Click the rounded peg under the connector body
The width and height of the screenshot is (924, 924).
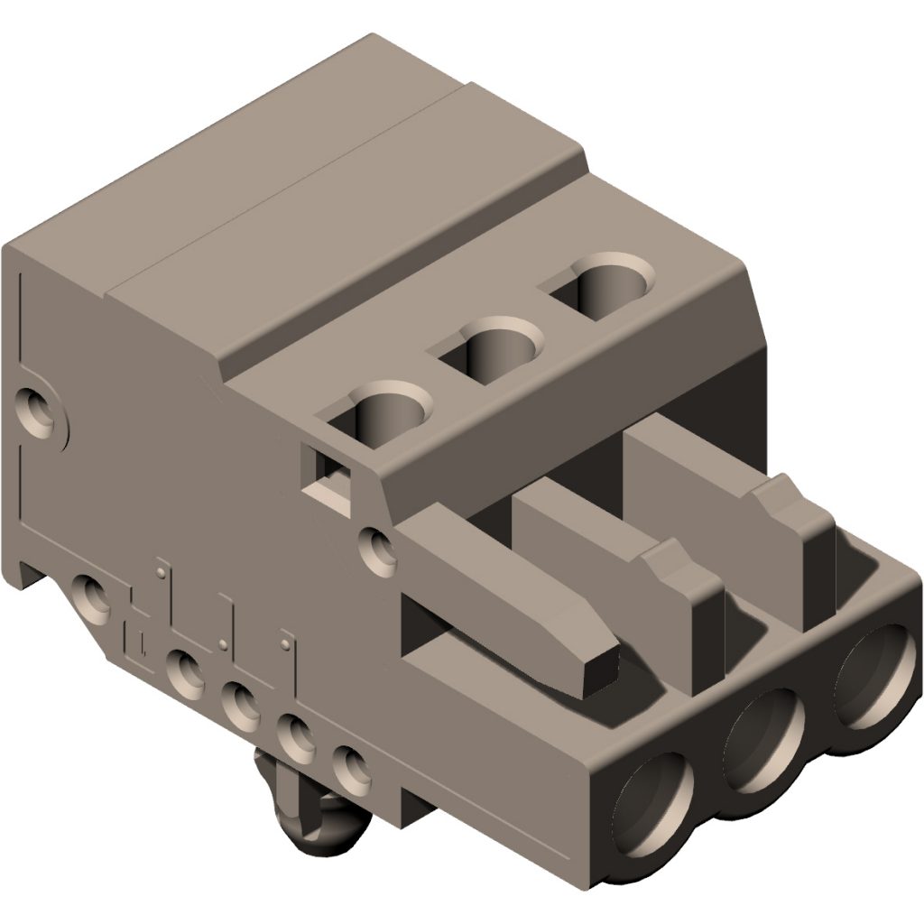point(311,817)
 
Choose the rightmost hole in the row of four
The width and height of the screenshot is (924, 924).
point(348,765)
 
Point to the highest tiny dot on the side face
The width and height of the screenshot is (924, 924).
point(160,570)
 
